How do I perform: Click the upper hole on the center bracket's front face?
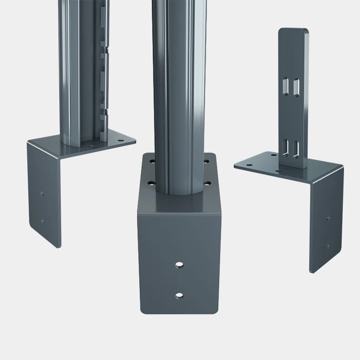click(x=179, y=264)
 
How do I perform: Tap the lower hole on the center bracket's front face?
click(x=179, y=296)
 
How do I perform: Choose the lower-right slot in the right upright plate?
click(x=296, y=146)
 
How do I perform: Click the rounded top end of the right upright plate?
click(x=294, y=32)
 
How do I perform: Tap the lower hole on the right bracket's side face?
click(x=327, y=246)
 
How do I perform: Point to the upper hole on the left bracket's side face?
click(x=43, y=192)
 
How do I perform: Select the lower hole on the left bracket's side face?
click(x=43, y=220)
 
